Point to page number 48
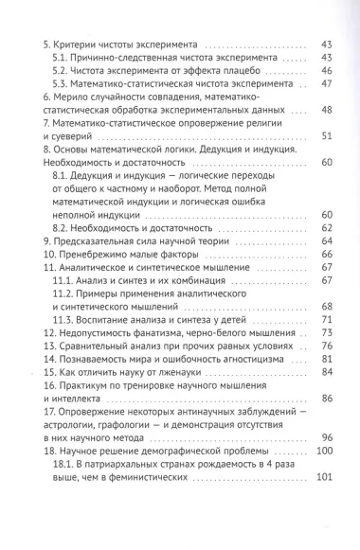click(330, 110)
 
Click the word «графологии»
click(153, 424)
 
